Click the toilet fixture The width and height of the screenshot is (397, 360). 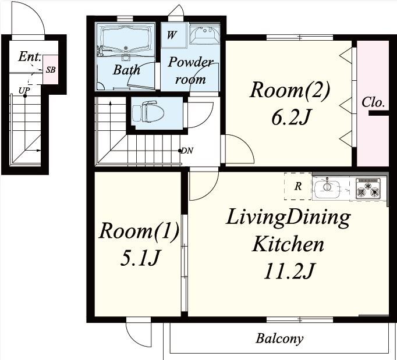(x=148, y=112)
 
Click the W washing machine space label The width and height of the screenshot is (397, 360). (x=171, y=35)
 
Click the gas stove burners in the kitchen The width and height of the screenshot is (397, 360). (x=368, y=188)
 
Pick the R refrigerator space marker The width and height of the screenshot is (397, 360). (x=298, y=187)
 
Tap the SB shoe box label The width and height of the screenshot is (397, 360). (x=51, y=70)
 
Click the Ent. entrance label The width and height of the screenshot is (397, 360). (x=29, y=56)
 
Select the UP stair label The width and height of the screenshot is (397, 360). (x=24, y=90)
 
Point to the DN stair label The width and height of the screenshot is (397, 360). (x=187, y=151)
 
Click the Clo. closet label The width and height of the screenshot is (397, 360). (x=373, y=103)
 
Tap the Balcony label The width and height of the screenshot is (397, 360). (x=279, y=338)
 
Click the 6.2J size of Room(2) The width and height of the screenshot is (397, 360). (x=290, y=117)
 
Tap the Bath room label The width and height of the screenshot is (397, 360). (x=126, y=70)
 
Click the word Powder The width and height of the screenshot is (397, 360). (x=191, y=62)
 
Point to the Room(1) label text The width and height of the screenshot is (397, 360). (x=139, y=230)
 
